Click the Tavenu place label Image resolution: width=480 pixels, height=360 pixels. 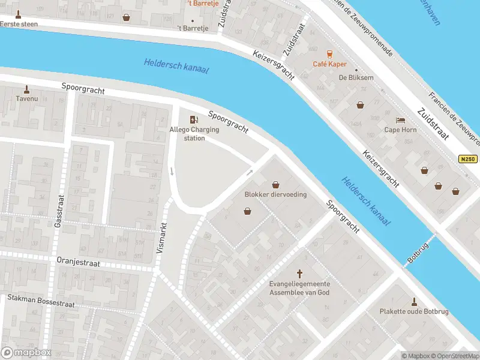26,98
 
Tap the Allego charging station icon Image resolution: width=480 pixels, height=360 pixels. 193,120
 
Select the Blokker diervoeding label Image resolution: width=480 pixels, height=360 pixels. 275,194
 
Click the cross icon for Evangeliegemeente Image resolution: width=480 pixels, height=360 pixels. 300,273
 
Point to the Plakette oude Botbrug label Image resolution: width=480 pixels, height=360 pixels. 413,311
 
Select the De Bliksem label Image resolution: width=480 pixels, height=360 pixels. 356,77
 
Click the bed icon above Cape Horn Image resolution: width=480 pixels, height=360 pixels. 400,120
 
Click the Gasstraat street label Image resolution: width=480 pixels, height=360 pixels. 58,211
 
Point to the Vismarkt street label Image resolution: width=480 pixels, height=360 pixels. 160,238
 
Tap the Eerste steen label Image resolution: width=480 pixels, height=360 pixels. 19,24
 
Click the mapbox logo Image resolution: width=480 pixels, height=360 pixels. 26,353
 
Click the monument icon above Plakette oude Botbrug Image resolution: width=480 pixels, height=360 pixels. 413,301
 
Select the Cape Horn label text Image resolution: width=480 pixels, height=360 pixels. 400,130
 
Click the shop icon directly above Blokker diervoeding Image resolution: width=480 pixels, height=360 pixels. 275,184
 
